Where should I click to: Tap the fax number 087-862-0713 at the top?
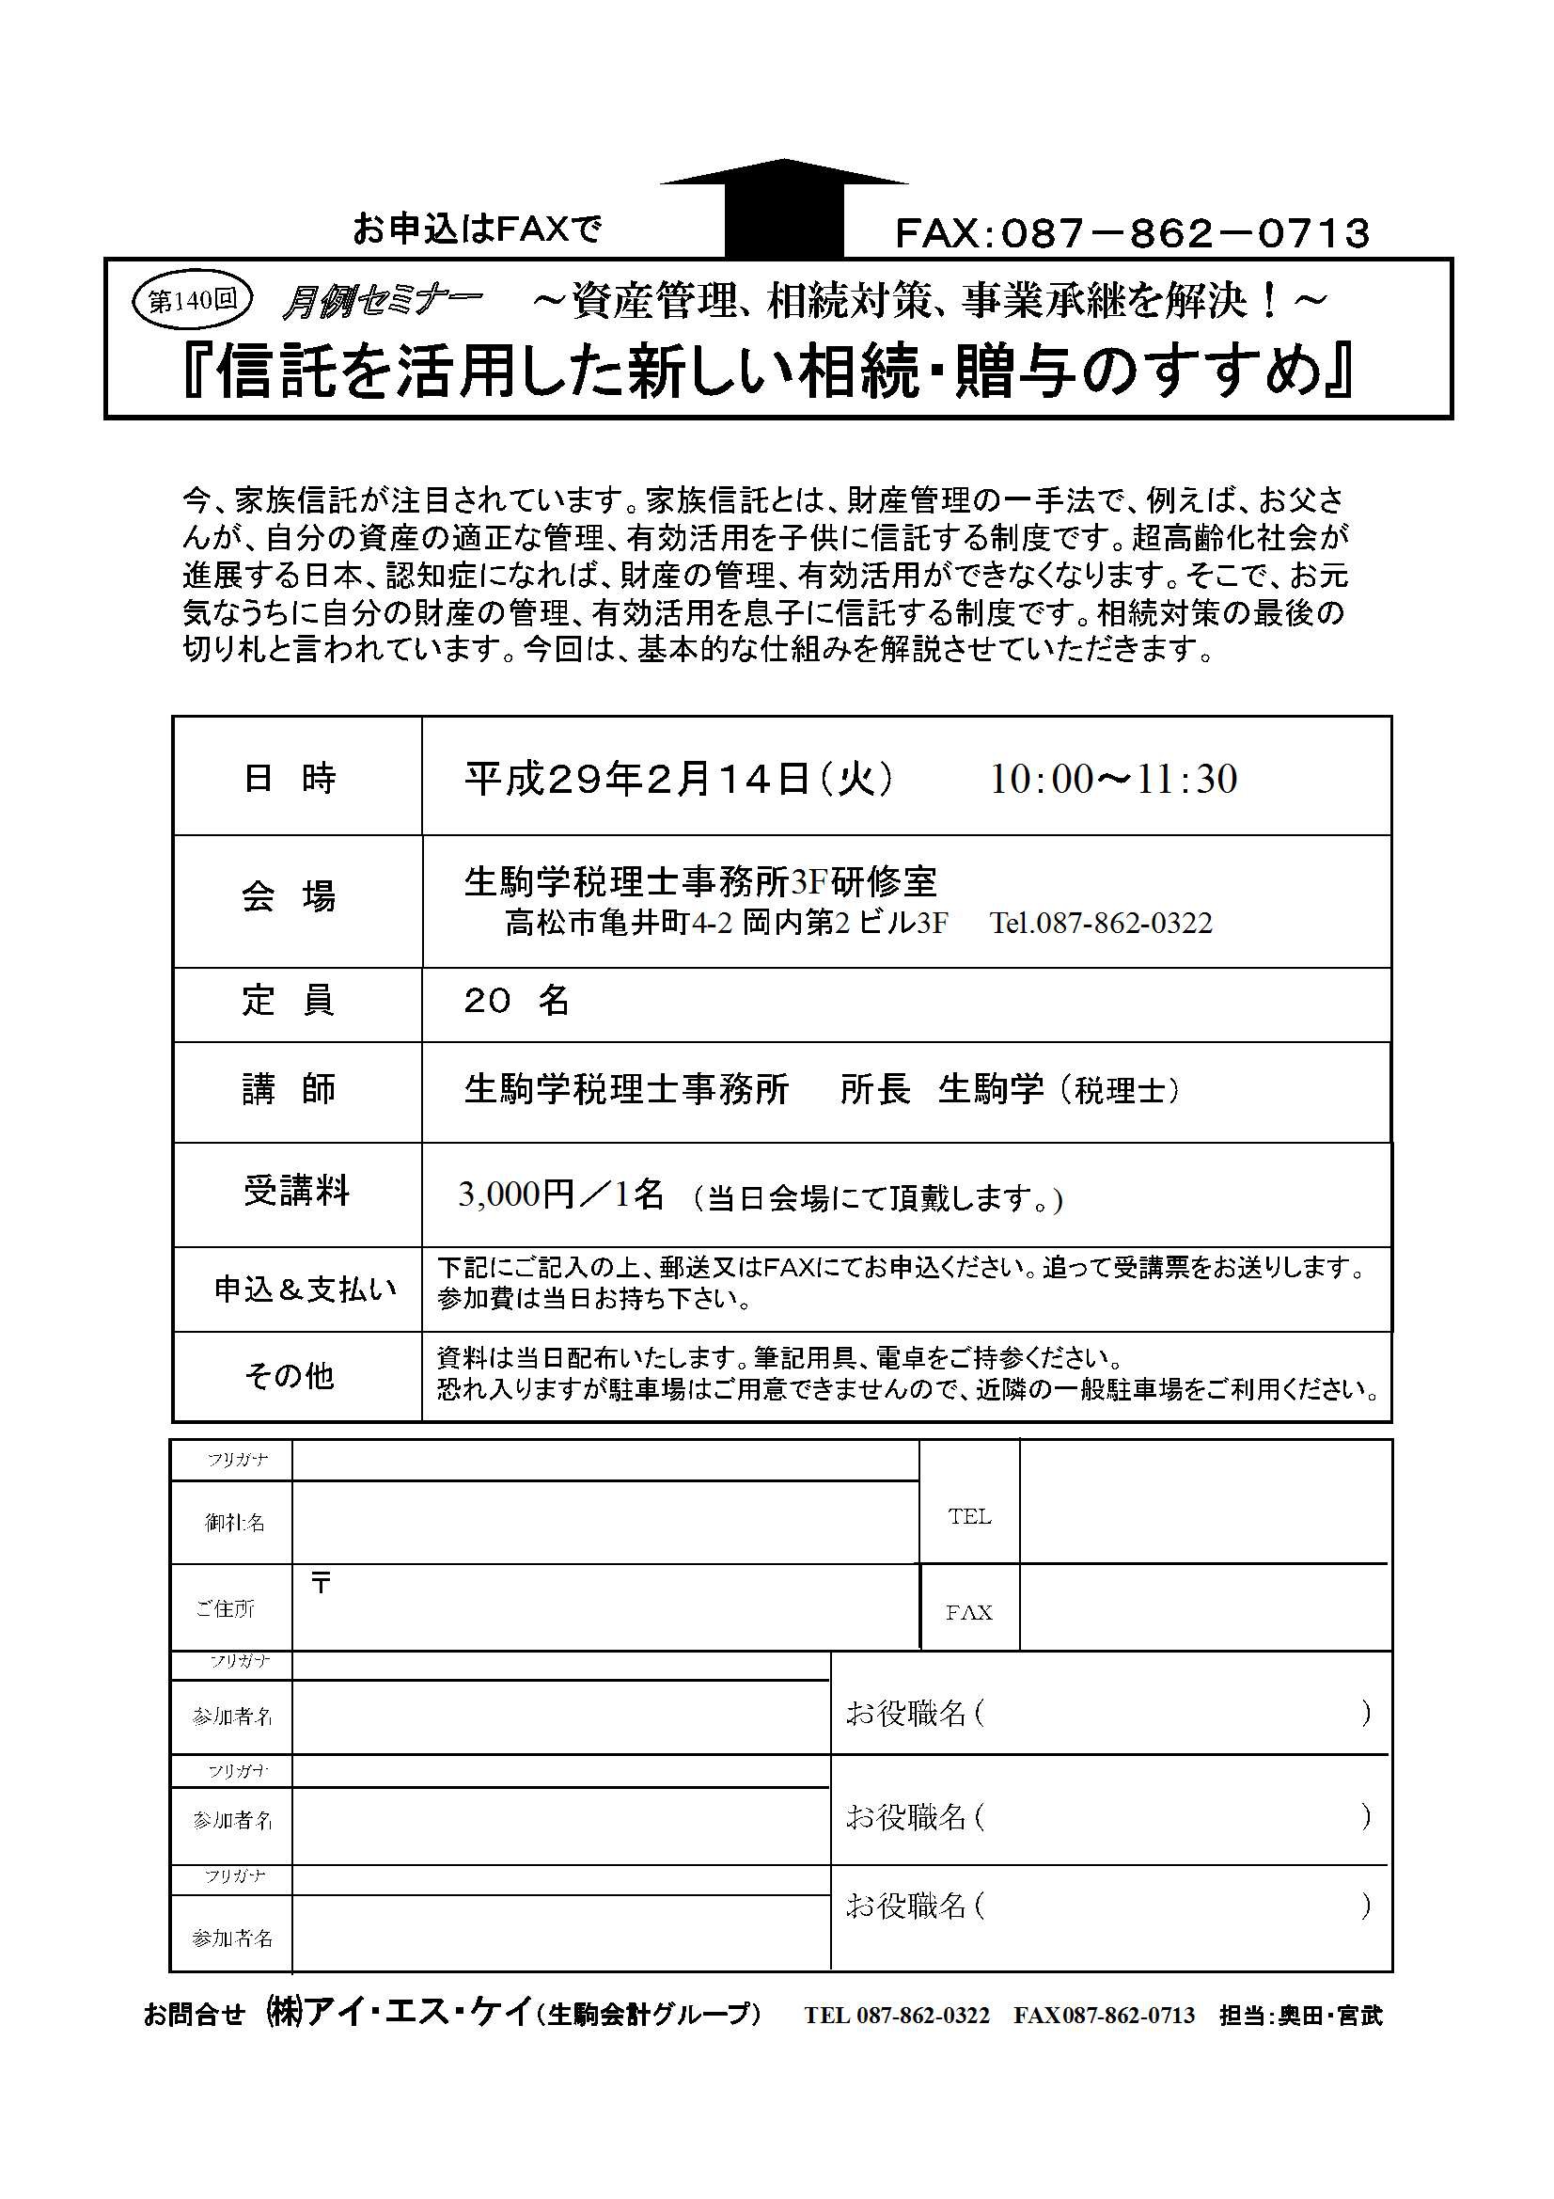coord(1132,233)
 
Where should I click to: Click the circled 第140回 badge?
coord(192,301)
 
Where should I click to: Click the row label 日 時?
coord(289,779)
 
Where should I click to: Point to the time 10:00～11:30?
coord(1112,779)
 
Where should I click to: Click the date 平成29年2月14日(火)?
coord(680,779)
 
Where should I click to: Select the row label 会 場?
coord(289,898)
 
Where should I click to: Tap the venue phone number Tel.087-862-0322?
coord(1101,924)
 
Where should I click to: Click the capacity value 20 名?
coord(517,1002)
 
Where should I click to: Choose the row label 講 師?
coord(289,1090)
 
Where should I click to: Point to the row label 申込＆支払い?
coord(305,1289)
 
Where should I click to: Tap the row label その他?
coord(289,1376)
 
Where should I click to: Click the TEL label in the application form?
coord(969,1516)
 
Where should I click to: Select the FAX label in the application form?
coord(969,1612)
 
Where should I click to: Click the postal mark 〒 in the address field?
coord(321,1584)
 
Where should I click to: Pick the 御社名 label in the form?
coord(235,1522)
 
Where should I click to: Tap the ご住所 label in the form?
coord(225,1609)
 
